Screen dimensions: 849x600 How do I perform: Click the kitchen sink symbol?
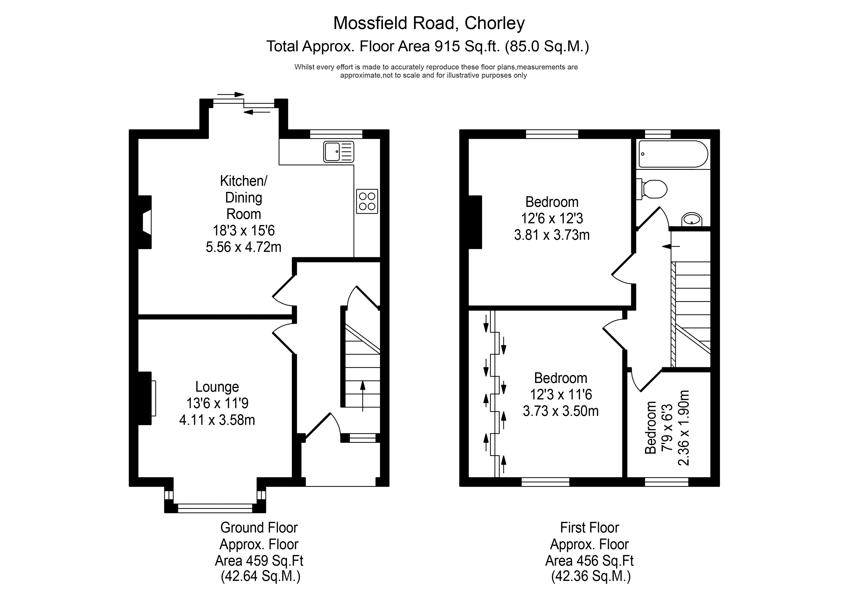pos(338,151)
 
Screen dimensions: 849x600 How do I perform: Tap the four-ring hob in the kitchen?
pos(367,201)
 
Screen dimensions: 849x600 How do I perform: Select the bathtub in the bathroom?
pos(673,154)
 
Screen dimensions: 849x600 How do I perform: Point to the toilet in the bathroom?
pos(653,189)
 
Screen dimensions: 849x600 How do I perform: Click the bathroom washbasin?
pos(691,219)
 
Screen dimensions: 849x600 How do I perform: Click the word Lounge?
pos(217,387)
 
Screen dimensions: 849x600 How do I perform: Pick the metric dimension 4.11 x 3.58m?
pos(217,420)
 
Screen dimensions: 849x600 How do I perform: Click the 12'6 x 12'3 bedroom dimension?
pos(552,218)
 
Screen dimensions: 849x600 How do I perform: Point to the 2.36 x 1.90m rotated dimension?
pos(684,428)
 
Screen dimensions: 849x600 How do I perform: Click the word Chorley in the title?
pos(494,23)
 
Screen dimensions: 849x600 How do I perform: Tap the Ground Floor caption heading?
pos(259,528)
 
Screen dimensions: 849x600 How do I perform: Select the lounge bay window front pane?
pos(215,508)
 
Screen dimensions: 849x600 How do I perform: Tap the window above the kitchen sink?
pos(336,134)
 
